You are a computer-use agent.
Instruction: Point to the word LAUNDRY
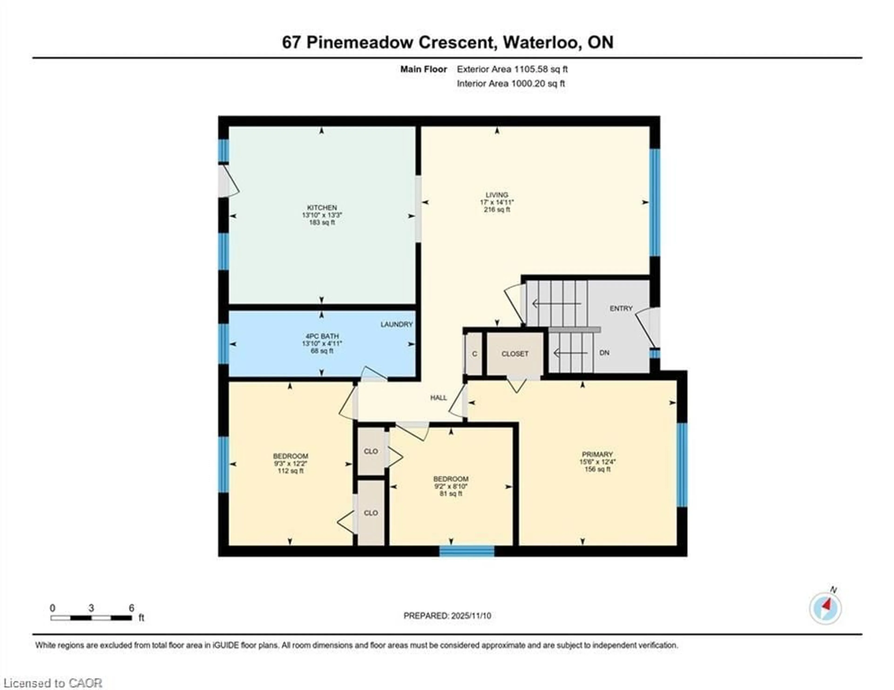(x=396, y=325)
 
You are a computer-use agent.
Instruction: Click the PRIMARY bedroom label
(x=597, y=454)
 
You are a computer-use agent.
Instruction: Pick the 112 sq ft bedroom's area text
(x=290, y=471)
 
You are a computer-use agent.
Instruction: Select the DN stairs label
(x=604, y=353)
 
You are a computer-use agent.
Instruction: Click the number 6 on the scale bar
(x=131, y=608)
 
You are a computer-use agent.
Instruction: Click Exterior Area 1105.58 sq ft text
(x=512, y=69)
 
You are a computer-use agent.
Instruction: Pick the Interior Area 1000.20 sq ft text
(x=511, y=84)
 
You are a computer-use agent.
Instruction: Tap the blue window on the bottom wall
(x=467, y=551)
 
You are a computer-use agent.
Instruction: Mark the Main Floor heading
(x=423, y=69)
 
